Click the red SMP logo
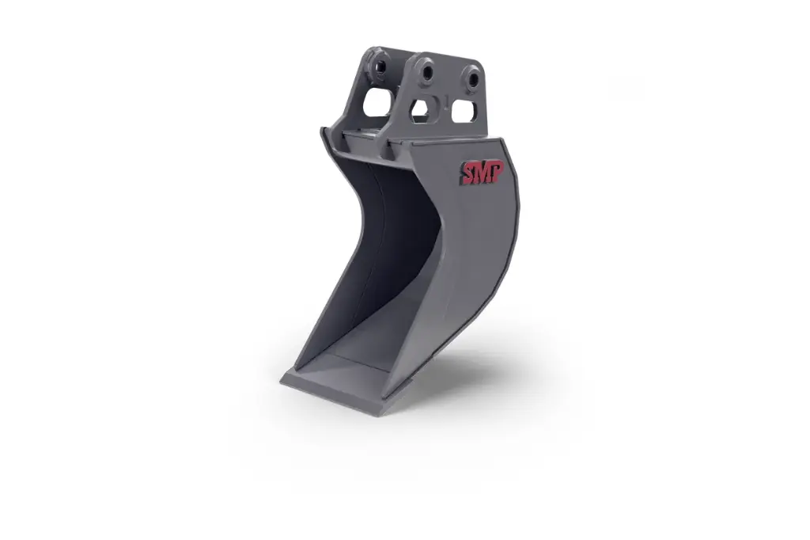pyautogui.click(x=482, y=173)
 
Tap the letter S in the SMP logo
pyautogui.click(x=467, y=171)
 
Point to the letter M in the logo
pyautogui.click(x=481, y=173)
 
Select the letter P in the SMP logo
pyautogui.click(x=497, y=173)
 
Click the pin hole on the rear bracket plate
pyautogui.click(x=380, y=67)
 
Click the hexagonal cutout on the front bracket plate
pyautogui.click(x=422, y=111)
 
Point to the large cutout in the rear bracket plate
pyautogui.click(x=377, y=102)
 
